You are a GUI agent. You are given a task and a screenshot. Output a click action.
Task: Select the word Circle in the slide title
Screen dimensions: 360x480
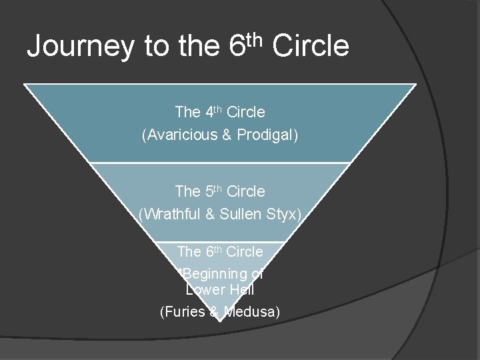(x=311, y=47)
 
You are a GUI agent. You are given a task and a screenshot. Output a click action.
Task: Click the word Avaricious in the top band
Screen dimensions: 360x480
(x=180, y=135)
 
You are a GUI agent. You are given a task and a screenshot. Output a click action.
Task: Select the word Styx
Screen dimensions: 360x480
(x=285, y=214)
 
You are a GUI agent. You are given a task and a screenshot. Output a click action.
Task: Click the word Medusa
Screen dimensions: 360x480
(x=251, y=311)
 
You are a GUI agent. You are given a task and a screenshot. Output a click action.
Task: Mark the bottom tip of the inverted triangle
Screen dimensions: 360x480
(x=219, y=321)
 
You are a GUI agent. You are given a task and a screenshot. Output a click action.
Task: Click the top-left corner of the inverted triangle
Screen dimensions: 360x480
(x=25, y=85)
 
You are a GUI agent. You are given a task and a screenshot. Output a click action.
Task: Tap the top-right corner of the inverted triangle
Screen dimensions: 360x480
(x=415, y=85)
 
